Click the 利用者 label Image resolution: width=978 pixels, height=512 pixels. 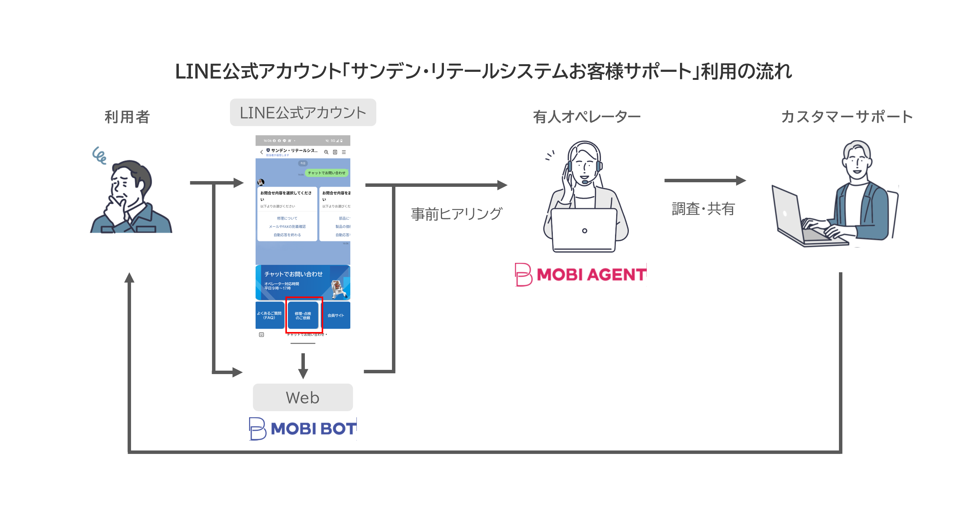(x=127, y=117)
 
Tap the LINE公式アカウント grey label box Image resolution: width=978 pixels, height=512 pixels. (x=303, y=112)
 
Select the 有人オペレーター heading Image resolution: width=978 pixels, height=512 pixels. (x=586, y=117)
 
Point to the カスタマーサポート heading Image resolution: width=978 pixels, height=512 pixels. (x=847, y=117)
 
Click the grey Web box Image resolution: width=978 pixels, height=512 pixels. (x=303, y=397)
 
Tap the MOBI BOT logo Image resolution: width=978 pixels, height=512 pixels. (x=303, y=429)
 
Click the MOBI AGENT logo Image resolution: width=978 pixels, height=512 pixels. (x=581, y=274)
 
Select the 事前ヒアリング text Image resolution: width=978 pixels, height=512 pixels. (x=456, y=214)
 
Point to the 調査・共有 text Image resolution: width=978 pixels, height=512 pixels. (x=703, y=209)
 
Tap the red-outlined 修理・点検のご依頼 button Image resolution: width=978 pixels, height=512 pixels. (x=304, y=315)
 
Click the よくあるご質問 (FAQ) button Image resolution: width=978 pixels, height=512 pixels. (x=270, y=315)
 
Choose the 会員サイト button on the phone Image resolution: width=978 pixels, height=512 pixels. (x=336, y=315)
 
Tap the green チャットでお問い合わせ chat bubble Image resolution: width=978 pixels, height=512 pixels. (x=327, y=173)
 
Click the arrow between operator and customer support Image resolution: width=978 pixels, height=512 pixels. (x=705, y=180)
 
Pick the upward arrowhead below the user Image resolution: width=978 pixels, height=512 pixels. (x=130, y=278)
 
